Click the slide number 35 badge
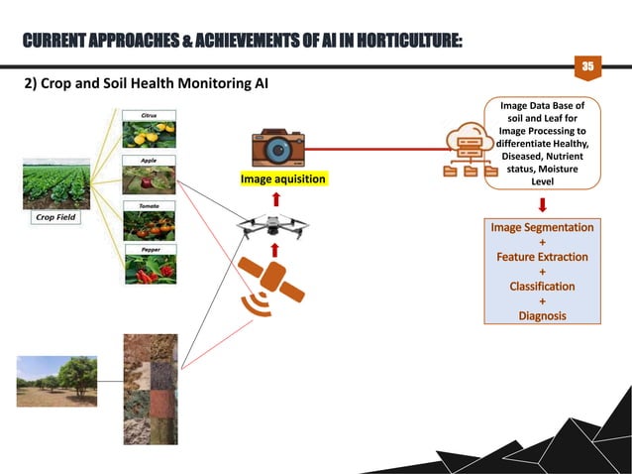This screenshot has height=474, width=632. [586, 65]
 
